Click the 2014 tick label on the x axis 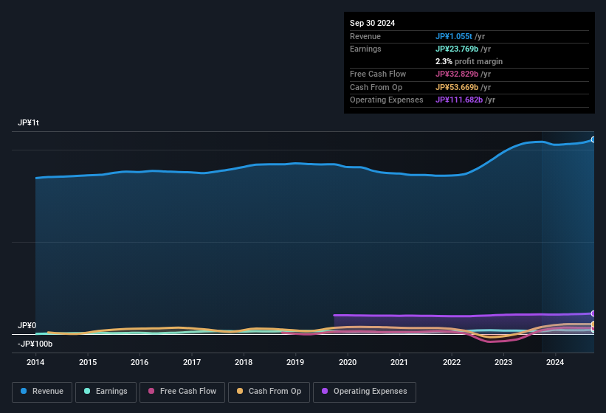[35, 362]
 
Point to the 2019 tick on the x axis [295, 362]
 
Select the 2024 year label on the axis [555, 362]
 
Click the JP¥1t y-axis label [28, 123]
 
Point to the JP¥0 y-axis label [27, 325]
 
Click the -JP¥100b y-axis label [35, 344]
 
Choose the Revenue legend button [41, 392]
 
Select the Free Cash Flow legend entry [183, 392]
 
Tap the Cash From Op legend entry [268, 392]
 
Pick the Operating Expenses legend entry [365, 392]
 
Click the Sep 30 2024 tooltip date [373, 23]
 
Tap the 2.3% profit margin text [469, 62]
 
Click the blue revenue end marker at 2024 [593, 139]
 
